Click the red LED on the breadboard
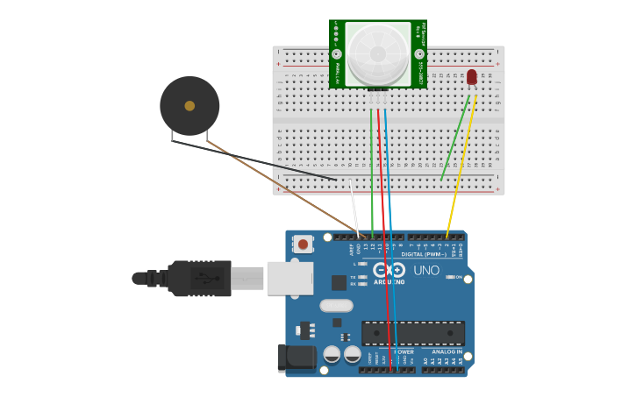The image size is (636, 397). click(472, 77)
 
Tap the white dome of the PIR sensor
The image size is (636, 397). click(377, 53)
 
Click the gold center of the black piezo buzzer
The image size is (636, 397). click(189, 106)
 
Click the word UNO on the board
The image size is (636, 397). click(426, 270)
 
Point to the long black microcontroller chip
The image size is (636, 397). click(413, 333)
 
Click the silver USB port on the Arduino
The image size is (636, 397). click(289, 278)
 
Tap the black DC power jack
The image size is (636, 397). click(296, 358)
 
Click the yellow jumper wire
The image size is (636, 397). click(461, 167)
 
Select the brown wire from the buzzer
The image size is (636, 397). click(281, 188)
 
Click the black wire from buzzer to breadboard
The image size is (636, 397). click(263, 162)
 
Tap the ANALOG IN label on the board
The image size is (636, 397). click(446, 352)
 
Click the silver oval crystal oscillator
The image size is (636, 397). click(336, 306)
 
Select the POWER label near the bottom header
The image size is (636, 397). click(403, 352)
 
